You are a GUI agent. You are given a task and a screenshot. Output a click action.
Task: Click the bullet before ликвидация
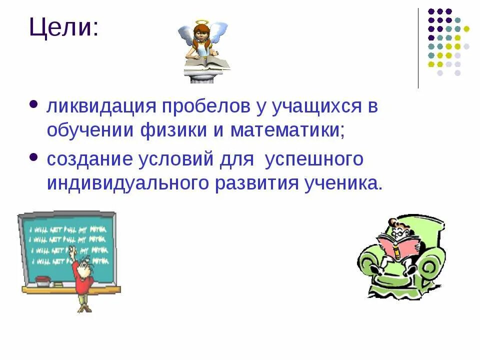34,105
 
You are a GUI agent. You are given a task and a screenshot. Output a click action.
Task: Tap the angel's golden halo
201,23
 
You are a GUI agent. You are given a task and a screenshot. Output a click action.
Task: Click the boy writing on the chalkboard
82,277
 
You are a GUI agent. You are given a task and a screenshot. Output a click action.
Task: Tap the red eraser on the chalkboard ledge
44,278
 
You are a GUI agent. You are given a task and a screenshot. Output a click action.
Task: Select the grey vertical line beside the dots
418,48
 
